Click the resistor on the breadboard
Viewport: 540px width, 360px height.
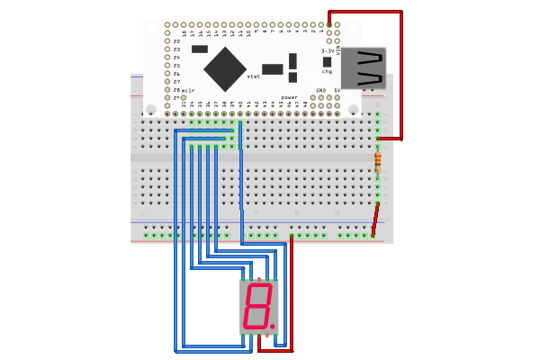(378, 162)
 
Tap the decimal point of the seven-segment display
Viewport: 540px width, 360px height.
(272, 326)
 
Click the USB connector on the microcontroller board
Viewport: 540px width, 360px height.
(364, 68)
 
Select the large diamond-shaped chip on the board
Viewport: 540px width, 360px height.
(225, 68)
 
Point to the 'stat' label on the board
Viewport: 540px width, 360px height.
(254, 76)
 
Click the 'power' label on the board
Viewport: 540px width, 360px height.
(289, 96)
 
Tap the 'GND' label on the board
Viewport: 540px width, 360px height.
(320, 91)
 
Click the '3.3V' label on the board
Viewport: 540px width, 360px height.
(328, 51)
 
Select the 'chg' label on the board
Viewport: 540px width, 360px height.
(327, 71)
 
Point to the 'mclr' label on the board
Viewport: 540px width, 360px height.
(188, 90)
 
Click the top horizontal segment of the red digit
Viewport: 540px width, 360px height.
(260, 286)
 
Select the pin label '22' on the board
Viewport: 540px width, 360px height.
(176, 41)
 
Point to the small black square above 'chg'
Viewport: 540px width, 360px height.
(327, 62)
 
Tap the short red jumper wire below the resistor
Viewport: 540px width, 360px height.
(375, 219)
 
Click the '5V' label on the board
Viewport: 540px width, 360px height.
(337, 91)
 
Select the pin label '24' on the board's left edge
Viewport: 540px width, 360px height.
(176, 58)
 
